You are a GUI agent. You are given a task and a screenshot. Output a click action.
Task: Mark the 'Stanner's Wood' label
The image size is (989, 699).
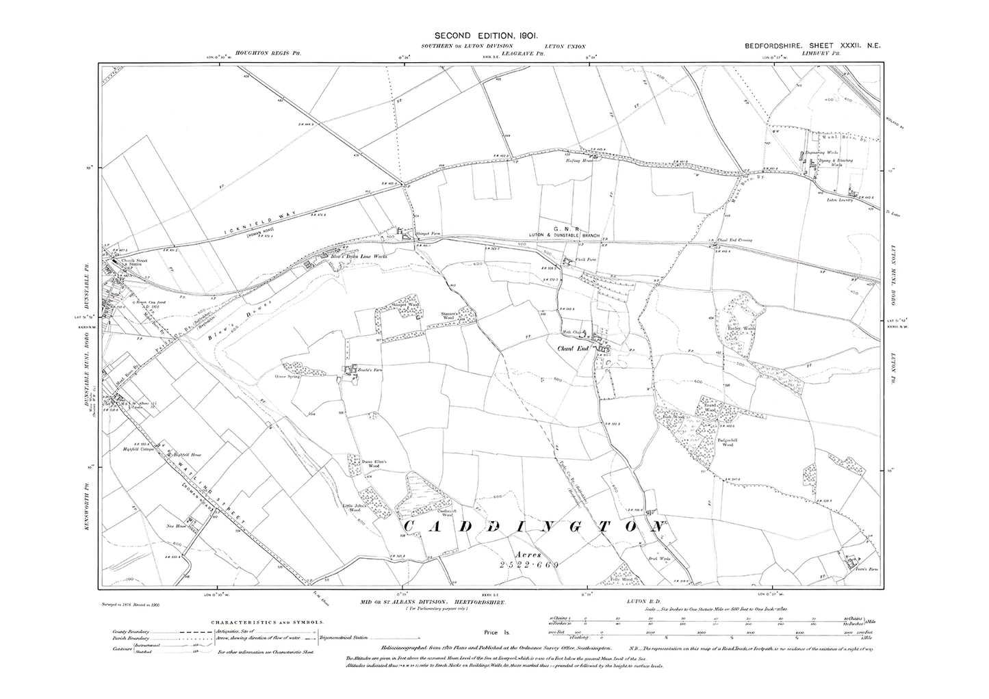(x=449, y=317)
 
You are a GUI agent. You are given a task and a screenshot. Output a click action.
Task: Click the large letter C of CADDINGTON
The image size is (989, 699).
(x=413, y=526)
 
